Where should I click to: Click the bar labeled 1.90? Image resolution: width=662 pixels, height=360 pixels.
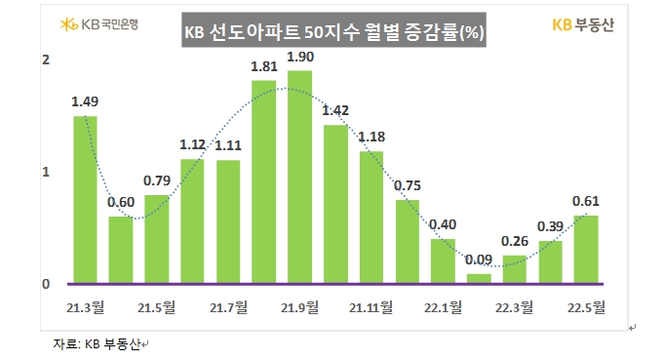[299, 177]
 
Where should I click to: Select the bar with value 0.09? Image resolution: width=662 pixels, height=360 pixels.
[479, 278]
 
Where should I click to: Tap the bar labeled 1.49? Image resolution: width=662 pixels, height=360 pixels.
[85, 200]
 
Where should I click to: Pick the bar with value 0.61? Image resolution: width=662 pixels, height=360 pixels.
[586, 249]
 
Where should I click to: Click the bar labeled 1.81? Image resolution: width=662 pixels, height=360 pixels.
[263, 181]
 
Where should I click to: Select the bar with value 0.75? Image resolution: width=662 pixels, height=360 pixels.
[407, 241]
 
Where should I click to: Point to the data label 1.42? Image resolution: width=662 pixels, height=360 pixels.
[335, 109]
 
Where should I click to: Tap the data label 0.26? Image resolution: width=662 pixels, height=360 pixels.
[515, 240]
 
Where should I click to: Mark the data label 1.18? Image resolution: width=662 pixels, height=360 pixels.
[371, 136]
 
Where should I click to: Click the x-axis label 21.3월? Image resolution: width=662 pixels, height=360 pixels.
[86, 308]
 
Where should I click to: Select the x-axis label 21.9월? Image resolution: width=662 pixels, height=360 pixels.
[299, 308]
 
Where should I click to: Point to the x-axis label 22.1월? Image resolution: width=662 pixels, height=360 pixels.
[443, 308]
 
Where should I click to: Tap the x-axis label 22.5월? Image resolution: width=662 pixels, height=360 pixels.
[586, 308]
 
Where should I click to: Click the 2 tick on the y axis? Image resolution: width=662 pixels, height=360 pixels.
[46, 60]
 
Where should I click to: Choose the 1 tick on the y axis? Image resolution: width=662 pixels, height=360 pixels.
[46, 172]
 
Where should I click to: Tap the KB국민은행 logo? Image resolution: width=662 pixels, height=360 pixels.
[98, 22]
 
